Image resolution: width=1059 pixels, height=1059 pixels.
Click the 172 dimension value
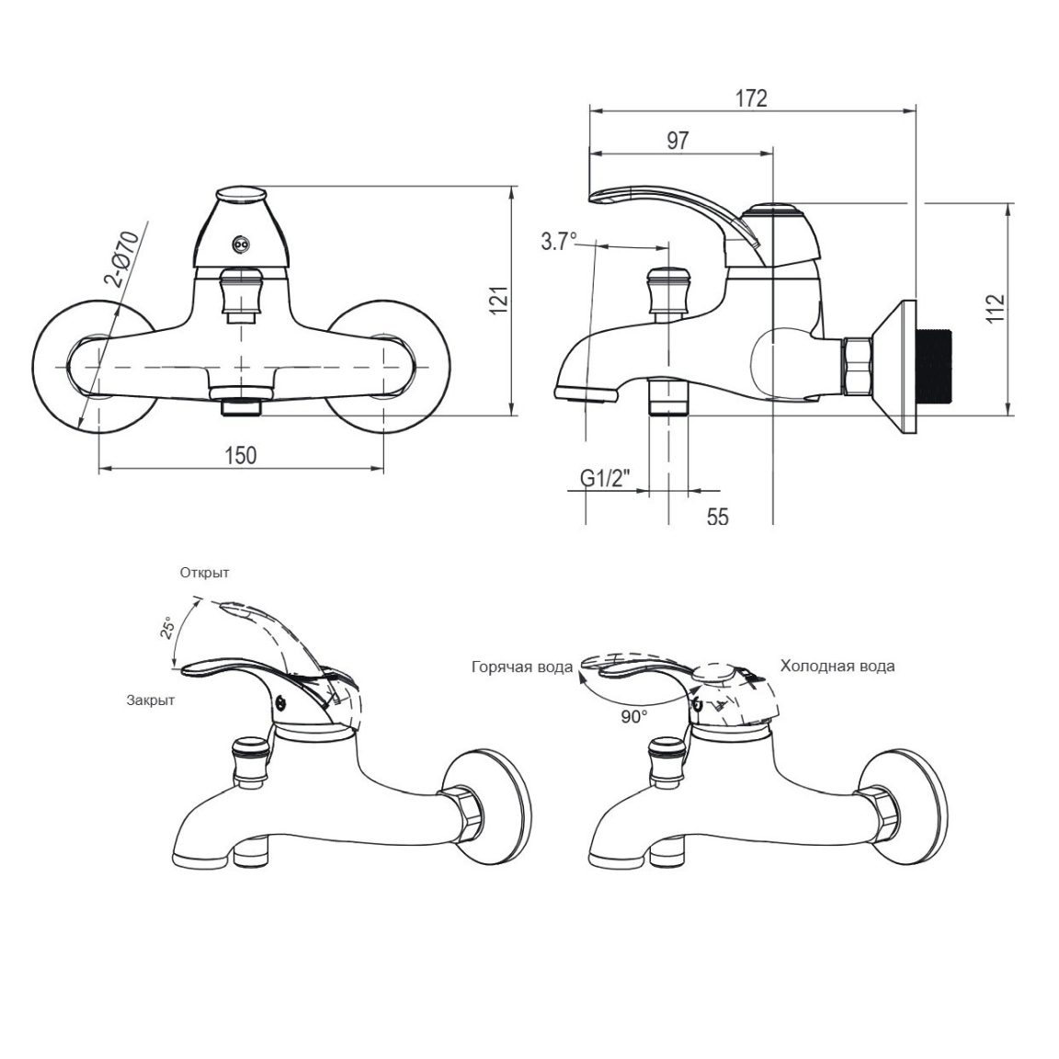pyautogui.click(x=751, y=98)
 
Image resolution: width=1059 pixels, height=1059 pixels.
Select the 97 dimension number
pyautogui.click(x=678, y=141)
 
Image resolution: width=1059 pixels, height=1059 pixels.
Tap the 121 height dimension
pyautogui.click(x=498, y=301)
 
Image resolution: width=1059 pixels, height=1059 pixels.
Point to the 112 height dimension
pyautogui.click(x=996, y=308)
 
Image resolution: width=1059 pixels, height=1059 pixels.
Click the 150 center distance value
pyautogui.click(x=241, y=455)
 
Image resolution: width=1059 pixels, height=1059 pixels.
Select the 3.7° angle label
pyautogui.click(x=559, y=241)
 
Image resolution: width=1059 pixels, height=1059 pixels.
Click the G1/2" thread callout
pyautogui.click(x=605, y=479)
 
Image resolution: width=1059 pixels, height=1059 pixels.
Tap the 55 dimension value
pyautogui.click(x=718, y=517)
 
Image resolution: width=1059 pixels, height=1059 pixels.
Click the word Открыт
pyautogui.click(x=205, y=573)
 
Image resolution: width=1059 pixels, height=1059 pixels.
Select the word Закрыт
pyautogui.click(x=151, y=700)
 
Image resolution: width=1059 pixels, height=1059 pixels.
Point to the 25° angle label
pyautogui.click(x=168, y=628)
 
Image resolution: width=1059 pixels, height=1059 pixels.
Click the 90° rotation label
pyautogui.click(x=634, y=717)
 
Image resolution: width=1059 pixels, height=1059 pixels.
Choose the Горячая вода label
pyautogui.click(x=522, y=667)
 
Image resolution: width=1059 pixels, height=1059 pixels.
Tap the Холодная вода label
pyautogui.click(x=837, y=666)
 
